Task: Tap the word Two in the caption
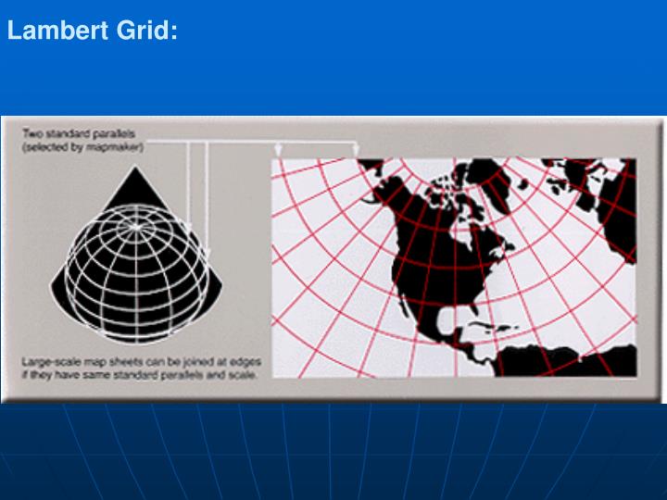[x=32, y=133]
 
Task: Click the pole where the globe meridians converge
[x=136, y=225]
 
